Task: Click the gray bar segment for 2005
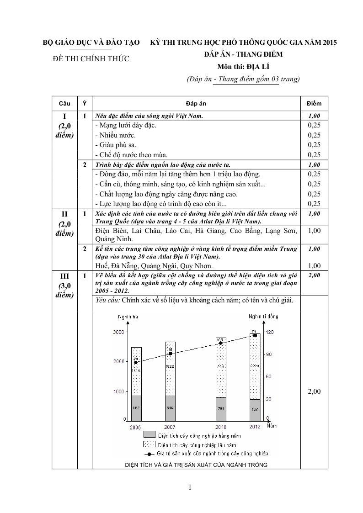pyautogui.click(x=136, y=407)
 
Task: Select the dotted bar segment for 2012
pyautogui.click(x=255, y=375)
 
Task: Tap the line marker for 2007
pyautogui.click(x=170, y=354)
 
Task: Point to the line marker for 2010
pyautogui.click(x=220, y=343)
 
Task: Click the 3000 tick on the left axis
pyautogui.click(x=118, y=332)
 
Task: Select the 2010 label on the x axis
pyautogui.click(x=221, y=427)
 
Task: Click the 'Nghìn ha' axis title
pyautogui.click(x=125, y=316)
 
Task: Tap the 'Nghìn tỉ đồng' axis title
pyautogui.click(x=263, y=316)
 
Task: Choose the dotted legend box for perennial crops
pyautogui.click(x=149, y=444)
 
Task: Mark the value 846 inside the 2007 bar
pyautogui.click(x=170, y=407)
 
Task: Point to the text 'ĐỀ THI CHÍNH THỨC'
pyautogui.click(x=91, y=58)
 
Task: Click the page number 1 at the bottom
pyautogui.click(x=189, y=487)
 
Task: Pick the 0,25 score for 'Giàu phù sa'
pyautogui.click(x=314, y=145)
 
